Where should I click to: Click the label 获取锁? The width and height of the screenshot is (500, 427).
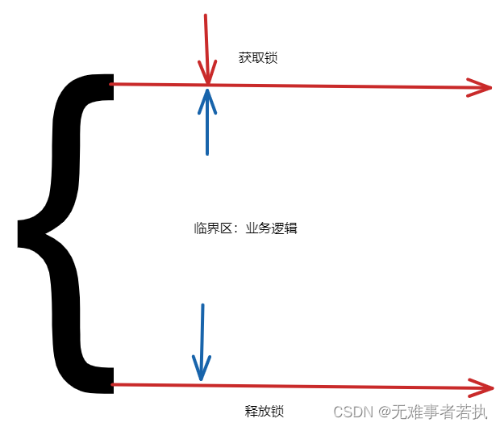[258, 58]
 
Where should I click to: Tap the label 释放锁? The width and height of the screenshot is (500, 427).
[265, 411]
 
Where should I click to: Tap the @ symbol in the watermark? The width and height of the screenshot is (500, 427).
[383, 412]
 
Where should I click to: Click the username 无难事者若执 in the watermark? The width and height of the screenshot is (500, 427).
[440, 412]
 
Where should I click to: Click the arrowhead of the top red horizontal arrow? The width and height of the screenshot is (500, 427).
[484, 88]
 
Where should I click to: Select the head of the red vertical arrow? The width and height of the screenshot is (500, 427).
[208, 79]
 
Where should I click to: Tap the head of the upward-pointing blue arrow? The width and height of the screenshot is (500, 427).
[208, 94]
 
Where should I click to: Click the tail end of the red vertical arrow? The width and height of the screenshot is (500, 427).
[206, 15]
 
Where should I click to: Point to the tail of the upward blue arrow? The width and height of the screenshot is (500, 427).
[207, 153]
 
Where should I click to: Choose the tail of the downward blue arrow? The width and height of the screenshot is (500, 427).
[202, 305]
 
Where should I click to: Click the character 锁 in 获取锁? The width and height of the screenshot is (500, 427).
[271, 58]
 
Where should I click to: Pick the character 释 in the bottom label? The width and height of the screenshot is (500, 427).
[252, 411]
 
